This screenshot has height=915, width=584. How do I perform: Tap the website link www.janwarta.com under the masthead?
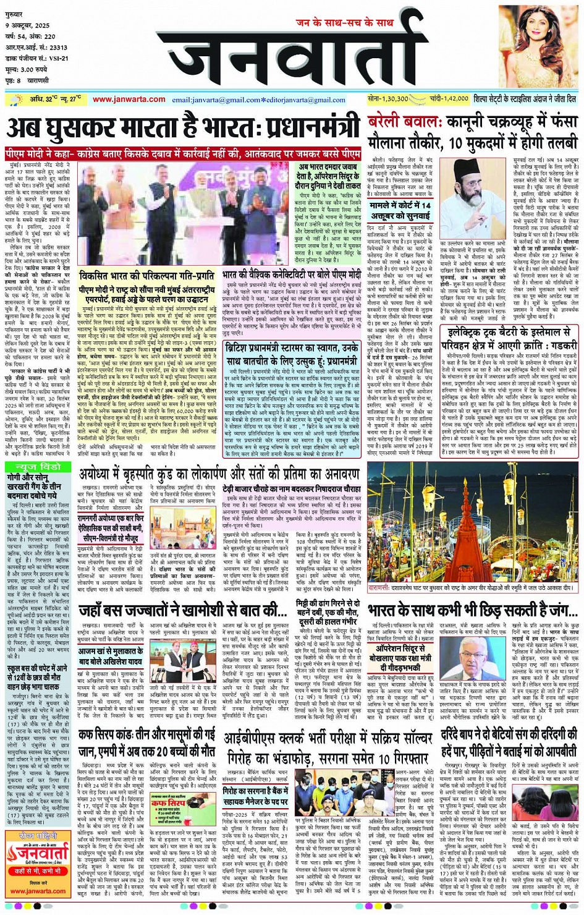coord(129,100)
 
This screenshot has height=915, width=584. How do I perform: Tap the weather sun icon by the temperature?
coord(14,100)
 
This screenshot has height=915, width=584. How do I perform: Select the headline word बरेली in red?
coord(388,122)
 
